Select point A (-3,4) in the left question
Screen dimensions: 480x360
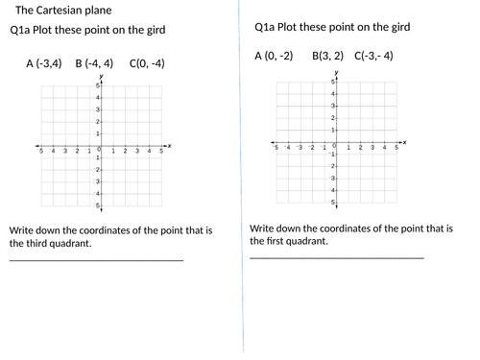tap(44, 64)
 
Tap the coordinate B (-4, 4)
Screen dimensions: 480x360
tap(94, 64)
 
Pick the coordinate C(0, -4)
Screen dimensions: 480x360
tap(144, 64)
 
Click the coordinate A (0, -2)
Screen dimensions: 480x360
tap(274, 56)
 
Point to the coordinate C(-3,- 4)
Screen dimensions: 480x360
tap(373, 56)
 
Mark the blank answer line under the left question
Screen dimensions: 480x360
tap(96, 260)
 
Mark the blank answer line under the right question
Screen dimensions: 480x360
tap(336, 257)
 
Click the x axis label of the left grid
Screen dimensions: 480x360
tap(170, 145)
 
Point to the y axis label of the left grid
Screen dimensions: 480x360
tap(100, 79)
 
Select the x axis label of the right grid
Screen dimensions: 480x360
tap(404, 142)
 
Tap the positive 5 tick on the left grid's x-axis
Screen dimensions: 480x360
tap(160, 152)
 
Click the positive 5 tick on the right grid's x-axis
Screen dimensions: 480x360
tap(396, 148)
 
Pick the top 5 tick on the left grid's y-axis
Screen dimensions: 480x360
tap(96, 86)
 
